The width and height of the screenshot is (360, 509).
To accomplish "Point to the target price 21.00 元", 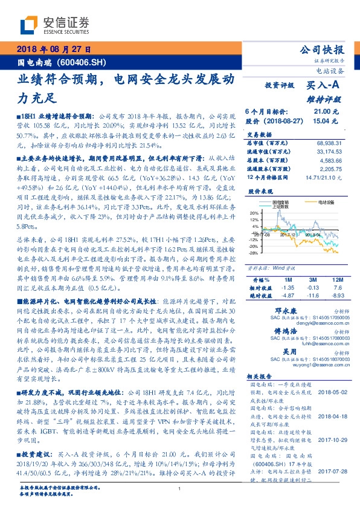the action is point(321,112).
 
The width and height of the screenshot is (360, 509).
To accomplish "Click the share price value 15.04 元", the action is point(321,121).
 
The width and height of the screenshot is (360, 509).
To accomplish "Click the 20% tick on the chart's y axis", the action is point(254,213).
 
